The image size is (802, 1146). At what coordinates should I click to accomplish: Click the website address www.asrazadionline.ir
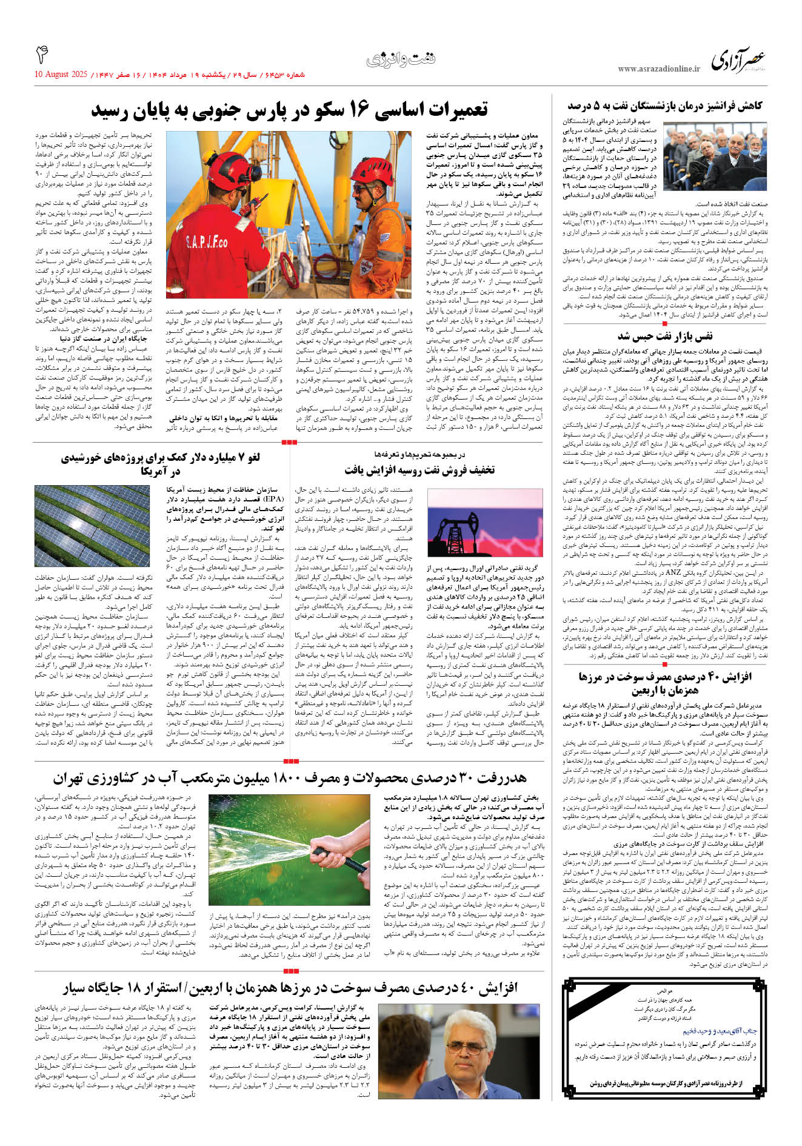[x=658, y=69]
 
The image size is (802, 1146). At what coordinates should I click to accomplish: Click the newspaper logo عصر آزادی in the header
[x=738, y=61]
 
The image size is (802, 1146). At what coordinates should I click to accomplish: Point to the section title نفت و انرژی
[x=401, y=59]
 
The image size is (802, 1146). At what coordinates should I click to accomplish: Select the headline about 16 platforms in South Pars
[x=290, y=110]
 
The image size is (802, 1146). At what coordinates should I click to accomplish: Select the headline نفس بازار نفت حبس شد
[x=665, y=335]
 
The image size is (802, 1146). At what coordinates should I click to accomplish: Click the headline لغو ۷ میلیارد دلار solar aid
[x=161, y=464]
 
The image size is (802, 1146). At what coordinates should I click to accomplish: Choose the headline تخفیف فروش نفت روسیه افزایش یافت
[x=419, y=470]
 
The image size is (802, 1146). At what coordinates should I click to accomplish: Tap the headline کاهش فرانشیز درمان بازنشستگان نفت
[x=664, y=107]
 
